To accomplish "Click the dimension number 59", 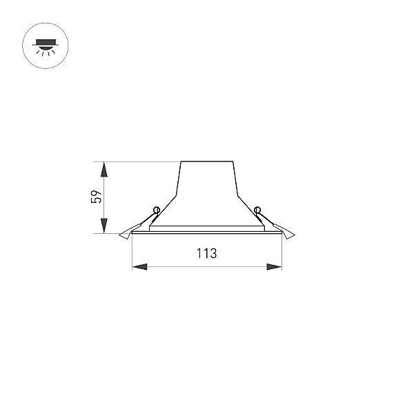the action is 96,197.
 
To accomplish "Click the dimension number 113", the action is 207,253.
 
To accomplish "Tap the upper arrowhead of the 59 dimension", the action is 105,170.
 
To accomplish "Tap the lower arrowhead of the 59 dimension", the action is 105,226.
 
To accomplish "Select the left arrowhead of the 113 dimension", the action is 139,266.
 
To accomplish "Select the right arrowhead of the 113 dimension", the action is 275,266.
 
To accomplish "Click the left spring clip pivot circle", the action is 157,210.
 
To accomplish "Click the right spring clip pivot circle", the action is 257,210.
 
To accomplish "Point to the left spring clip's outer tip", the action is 119,235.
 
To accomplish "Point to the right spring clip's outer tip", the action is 295,235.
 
